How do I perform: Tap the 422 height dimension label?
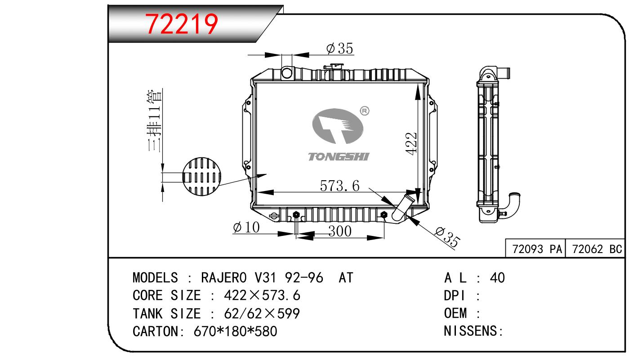(x=411, y=143)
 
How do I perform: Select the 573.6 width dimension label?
(x=339, y=186)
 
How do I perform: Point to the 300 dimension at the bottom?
(x=339, y=231)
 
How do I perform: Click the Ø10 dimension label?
(x=246, y=227)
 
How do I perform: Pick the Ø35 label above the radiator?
(x=339, y=48)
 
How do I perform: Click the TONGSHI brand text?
(x=338, y=157)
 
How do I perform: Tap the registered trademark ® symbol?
(x=365, y=111)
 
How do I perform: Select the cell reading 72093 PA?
(x=537, y=249)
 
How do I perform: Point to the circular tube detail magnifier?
(x=202, y=177)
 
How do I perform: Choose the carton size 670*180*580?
(x=235, y=332)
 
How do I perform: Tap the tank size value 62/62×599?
(x=262, y=314)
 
